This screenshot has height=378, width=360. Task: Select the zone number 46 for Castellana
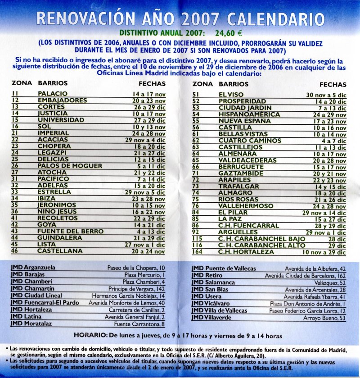(15, 251)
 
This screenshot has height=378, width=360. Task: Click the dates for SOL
(148, 127)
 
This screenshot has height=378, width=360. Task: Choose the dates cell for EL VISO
(326, 95)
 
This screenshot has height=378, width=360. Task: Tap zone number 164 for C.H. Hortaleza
(198, 252)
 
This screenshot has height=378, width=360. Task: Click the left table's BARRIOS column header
(53, 84)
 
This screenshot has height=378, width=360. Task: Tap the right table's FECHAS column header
(333, 84)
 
